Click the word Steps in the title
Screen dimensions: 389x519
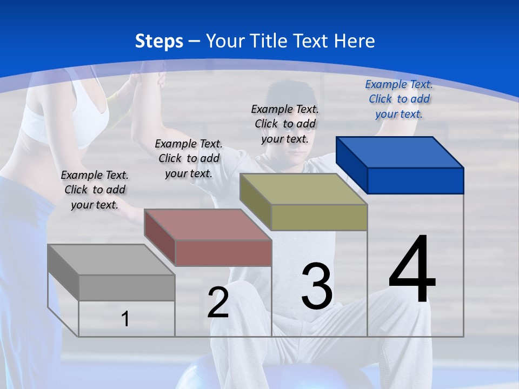[x=159, y=41]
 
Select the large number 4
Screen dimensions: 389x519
[x=412, y=270]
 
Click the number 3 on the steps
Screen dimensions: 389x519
[x=317, y=286]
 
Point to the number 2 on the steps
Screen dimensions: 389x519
[x=218, y=303]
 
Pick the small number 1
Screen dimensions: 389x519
[x=125, y=319]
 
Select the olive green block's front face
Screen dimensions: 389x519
[x=319, y=218]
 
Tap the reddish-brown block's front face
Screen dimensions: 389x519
[x=223, y=253]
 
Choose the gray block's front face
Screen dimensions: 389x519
[x=127, y=287]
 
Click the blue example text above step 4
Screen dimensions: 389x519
[x=399, y=99]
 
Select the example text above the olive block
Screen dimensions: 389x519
[x=285, y=124]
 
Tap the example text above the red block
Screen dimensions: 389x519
[x=189, y=158]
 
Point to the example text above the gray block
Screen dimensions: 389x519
[x=95, y=190]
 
